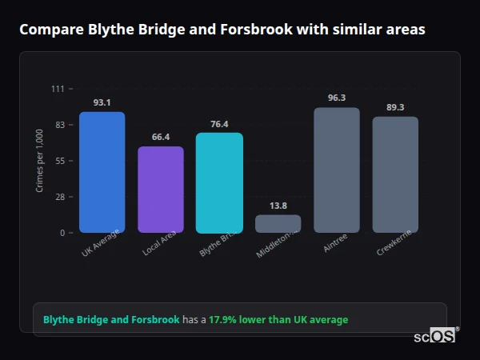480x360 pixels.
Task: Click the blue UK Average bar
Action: [102, 172]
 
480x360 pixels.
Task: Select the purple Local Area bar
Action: [161, 190]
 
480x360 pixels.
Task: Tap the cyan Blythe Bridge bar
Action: [219, 182]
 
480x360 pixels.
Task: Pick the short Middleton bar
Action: [278, 223]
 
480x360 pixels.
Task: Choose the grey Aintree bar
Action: [337, 170]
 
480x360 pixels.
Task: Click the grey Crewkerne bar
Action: [395, 174]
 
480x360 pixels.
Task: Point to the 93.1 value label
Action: [102, 102]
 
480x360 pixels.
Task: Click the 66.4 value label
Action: [161, 137]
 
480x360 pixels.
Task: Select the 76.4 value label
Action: [219, 124]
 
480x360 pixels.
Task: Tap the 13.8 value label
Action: [278, 206]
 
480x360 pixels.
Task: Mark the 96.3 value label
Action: [337, 98]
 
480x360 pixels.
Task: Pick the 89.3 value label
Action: [395, 107]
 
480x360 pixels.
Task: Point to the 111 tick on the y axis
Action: [58, 89]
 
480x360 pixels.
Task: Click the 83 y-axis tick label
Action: [59, 125]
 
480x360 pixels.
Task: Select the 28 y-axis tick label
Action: [59, 197]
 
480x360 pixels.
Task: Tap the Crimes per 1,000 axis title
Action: [40, 160]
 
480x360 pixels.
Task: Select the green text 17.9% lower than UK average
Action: [278, 320]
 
